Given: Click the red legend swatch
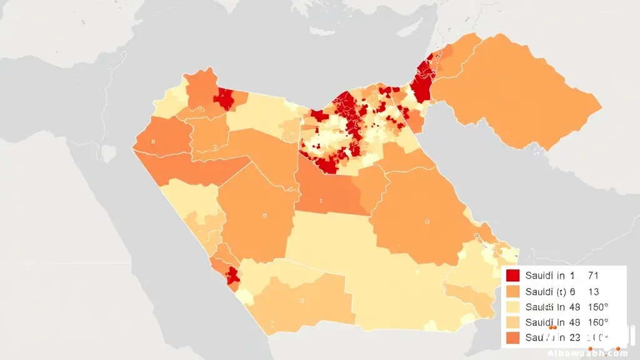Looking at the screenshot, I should [513, 275].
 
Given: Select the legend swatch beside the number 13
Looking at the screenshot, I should [513, 291].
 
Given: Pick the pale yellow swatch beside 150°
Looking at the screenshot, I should [513, 307].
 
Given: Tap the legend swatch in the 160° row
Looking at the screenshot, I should [513, 322].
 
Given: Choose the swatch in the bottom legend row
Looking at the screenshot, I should [513, 338].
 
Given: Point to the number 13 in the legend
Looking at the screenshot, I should [595, 291].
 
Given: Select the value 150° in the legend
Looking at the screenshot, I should [598, 307].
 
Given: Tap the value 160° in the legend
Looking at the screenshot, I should [598, 322].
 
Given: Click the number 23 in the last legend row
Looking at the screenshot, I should [573, 338].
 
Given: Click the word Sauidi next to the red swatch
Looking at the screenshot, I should [541, 275].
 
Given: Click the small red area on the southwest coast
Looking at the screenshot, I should [232, 276].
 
